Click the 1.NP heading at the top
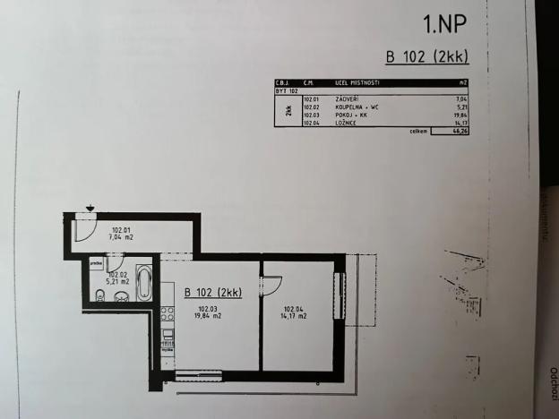444,22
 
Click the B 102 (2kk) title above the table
426,57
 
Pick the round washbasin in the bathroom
120,297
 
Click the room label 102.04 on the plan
294,309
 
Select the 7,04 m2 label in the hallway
122,237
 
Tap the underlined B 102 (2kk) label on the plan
213,292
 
